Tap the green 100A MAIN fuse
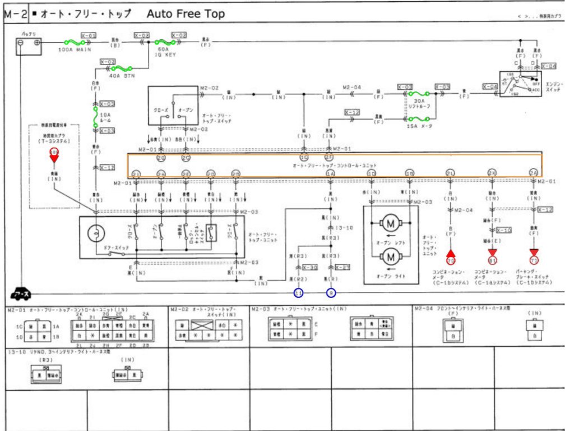pyautogui.click(x=74, y=42)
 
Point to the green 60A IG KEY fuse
pyautogui.click(x=166, y=42)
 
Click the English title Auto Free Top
pyautogui.click(x=186, y=14)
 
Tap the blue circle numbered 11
pyautogui.click(x=299, y=293)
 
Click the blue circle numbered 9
pyautogui.click(x=331, y=293)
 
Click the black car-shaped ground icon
pyautogui.click(x=21, y=293)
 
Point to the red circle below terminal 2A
pyautogui.click(x=534, y=260)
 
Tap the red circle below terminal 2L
pyautogui.click(x=451, y=260)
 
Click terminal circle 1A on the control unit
pyautogui.click(x=330, y=173)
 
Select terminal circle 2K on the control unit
pyautogui.click(x=492, y=173)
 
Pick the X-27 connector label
pyautogui.click(x=342, y=267)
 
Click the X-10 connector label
pyautogui.click(x=504, y=230)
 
